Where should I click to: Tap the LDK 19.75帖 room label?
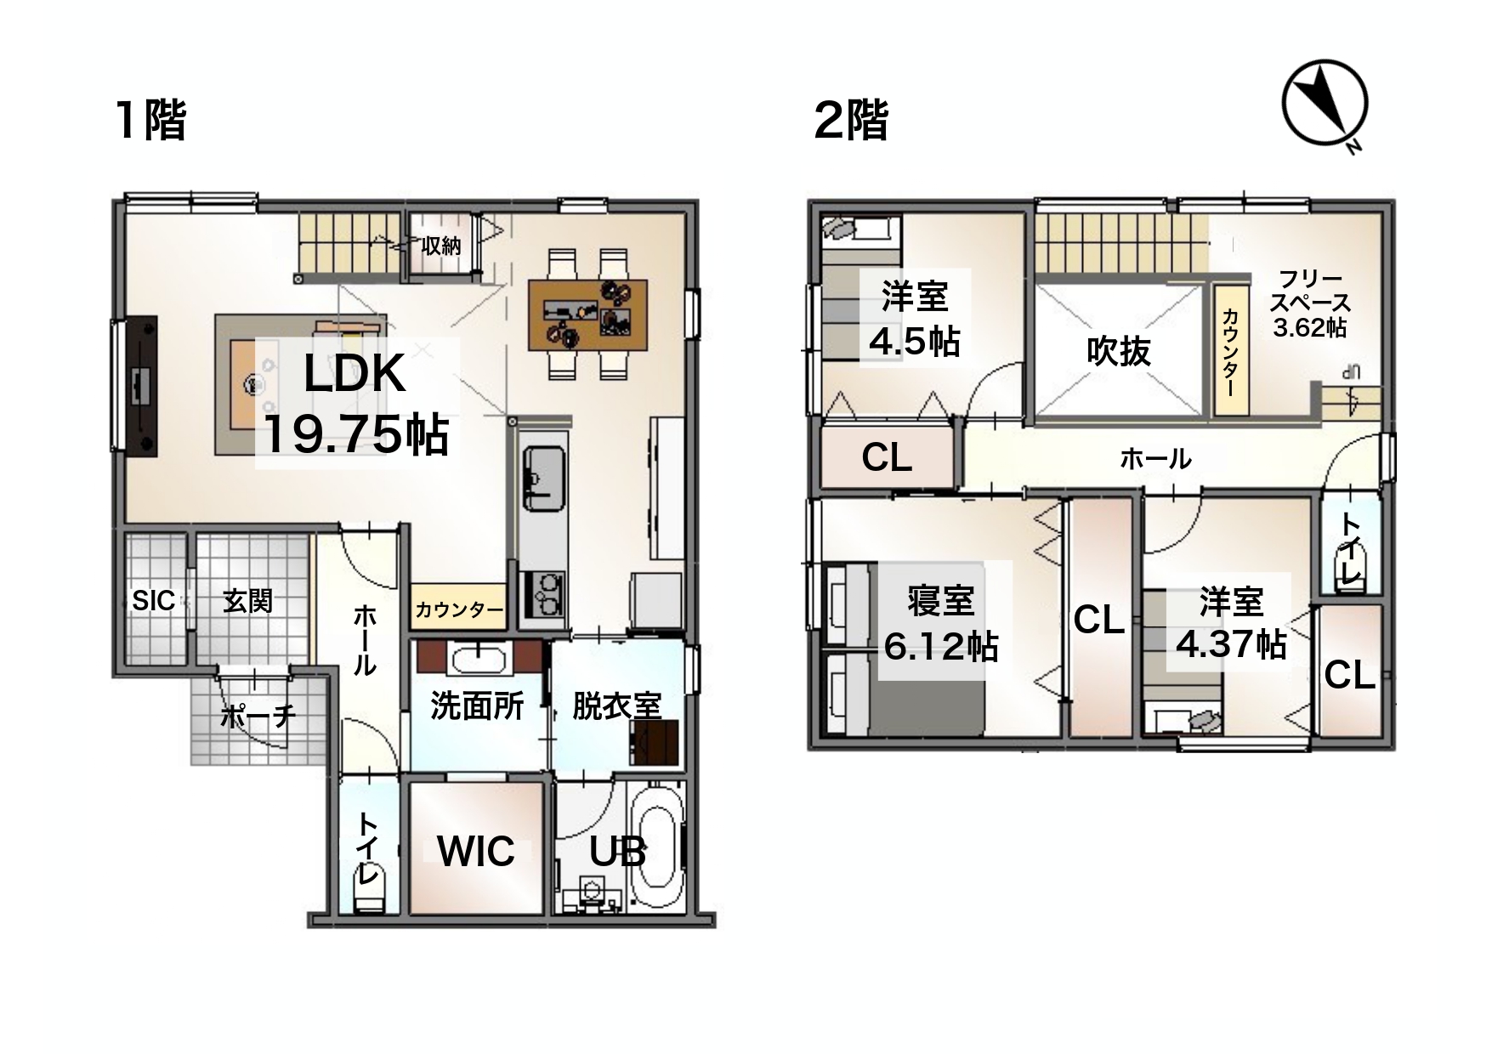click(x=355, y=405)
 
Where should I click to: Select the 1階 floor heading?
click(x=151, y=119)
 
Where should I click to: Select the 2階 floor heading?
click(x=851, y=119)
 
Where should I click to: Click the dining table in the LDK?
click(x=587, y=314)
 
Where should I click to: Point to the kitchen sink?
click(x=543, y=479)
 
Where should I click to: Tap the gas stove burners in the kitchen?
click(x=543, y=593)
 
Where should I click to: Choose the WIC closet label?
click(x=476, y=850)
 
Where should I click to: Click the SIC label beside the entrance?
click(x=153, y=601)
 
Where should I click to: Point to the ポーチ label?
click(x=258, y=716)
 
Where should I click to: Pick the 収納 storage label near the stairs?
click(x=441, y=246)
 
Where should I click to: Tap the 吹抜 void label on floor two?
click(x=1119, y=350)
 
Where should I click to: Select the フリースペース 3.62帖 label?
click(x=1310, y=303)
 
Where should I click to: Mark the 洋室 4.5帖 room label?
click(x=914, y=319)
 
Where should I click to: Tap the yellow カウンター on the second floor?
click(x=1230, y=350)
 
